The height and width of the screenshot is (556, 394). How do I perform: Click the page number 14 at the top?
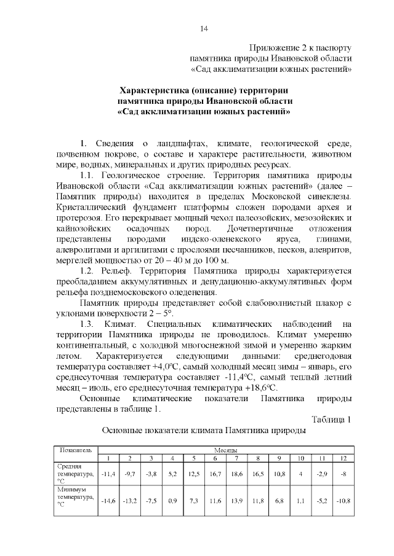204,29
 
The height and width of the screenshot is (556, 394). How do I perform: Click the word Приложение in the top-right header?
278,47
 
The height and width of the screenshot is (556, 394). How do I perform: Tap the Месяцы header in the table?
226,450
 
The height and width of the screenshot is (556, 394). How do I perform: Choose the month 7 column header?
236,458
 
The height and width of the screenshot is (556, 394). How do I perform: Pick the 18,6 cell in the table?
236,474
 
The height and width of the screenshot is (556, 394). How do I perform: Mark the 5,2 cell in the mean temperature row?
172,474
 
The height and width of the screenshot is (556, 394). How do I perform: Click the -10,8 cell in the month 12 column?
343,501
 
